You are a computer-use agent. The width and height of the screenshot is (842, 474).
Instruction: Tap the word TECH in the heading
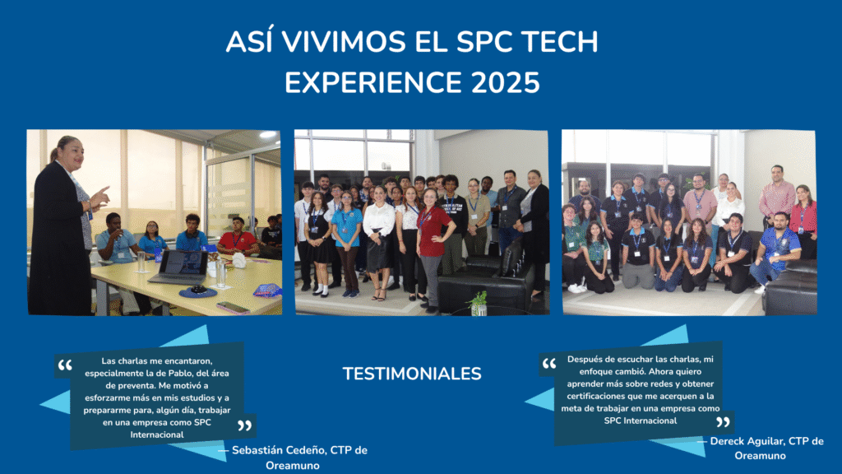tap(559, 42)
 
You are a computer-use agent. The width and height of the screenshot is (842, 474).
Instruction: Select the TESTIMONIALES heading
tap(412, 374)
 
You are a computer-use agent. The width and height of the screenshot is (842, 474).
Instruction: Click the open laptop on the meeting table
tap(179, 267)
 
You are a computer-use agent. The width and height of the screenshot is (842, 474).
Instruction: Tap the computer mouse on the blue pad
tap(198, 289)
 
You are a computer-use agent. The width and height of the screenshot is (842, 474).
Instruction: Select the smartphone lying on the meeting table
tap(233, 308)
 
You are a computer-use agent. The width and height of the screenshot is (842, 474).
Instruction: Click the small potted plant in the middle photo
tap(478, 303)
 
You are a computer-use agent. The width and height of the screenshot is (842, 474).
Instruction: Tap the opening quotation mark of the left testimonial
tap(65, 365)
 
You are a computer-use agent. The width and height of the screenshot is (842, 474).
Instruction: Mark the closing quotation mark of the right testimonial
tap(724, 421)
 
